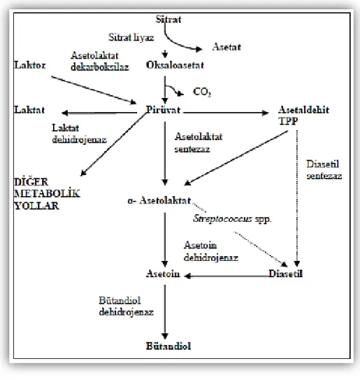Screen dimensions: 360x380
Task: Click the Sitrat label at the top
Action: (168, 19)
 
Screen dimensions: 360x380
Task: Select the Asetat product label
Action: (227, 47)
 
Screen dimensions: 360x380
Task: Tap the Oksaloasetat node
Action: (175, 65)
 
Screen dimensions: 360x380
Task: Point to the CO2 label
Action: (202, 92)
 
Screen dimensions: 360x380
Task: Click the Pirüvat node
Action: (163, 110)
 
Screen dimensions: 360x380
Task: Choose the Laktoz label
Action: (30, 65)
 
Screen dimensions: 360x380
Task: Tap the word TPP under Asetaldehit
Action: (288, 121)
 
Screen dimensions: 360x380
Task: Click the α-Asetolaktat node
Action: (159, 201)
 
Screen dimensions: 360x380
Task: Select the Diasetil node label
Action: (285, 274)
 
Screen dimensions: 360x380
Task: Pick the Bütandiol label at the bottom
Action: (168, 346)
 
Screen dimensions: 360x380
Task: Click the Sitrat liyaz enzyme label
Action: (131, 37)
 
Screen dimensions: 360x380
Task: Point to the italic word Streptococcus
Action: (222, 219)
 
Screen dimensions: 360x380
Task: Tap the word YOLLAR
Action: (37, 206)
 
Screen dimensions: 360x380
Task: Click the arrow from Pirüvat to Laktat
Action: (99, 113)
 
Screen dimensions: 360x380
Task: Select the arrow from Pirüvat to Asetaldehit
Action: (226, 113)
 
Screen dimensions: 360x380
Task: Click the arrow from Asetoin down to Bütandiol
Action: (164, 312)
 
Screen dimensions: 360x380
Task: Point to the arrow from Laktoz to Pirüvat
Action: (94, 90)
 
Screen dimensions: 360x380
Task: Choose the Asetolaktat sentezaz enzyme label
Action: (199, 142)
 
